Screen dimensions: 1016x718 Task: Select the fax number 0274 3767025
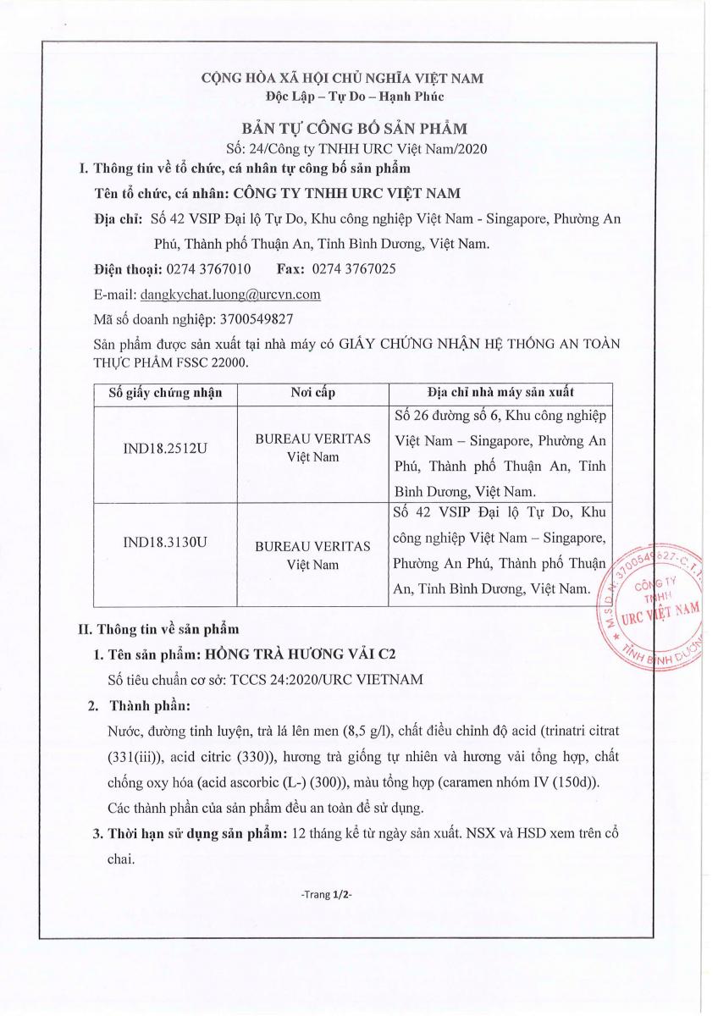[x=353, y=269]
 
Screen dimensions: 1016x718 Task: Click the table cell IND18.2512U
[x=165, y=446]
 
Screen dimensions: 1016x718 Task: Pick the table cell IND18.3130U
[x=165, y=543]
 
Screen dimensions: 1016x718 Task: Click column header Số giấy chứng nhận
[x=165, y=393]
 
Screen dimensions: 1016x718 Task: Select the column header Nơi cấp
[x=313, y=393]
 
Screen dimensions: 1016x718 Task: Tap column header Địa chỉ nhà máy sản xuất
[x=501, y=393]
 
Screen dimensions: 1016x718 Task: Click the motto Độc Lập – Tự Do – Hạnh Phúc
[x=342, y=96]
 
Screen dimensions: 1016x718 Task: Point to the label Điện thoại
[x=124, y=269]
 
